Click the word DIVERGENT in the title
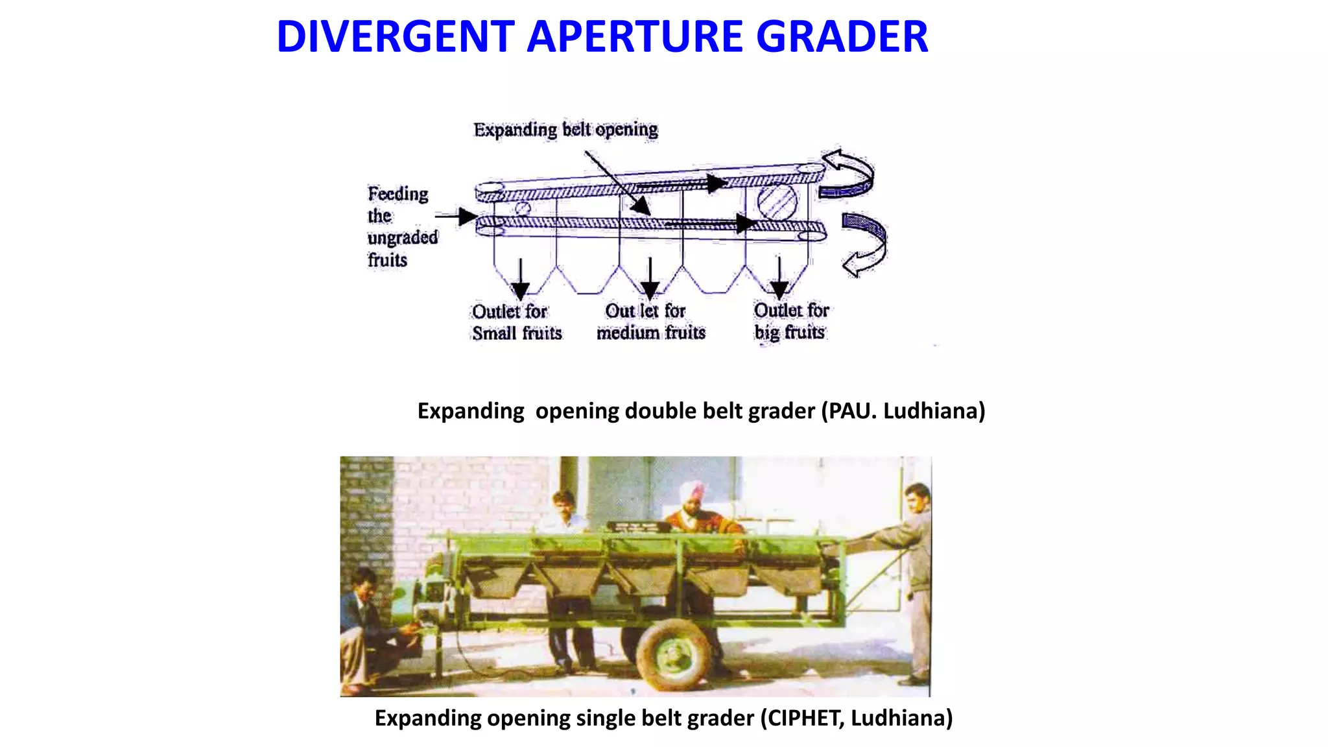point(395,36)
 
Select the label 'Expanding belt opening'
point(565,130)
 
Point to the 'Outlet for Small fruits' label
point(516,322)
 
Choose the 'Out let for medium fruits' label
point(650,322)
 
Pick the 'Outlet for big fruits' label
point(791,322)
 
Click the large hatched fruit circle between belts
point(777,201)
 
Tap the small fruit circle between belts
point(523,209)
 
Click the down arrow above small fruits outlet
point(520,279)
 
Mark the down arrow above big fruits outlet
point(779,279)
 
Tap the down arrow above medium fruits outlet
point(650,279)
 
